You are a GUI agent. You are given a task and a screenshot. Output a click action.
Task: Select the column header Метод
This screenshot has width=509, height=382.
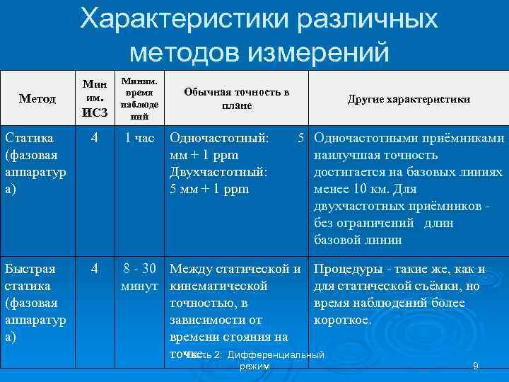tap(38, 99)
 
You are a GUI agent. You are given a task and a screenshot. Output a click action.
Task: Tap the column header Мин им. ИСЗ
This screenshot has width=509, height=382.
tap(95, 99)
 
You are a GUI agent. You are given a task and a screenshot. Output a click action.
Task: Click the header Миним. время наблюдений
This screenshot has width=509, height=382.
tap(141, 99)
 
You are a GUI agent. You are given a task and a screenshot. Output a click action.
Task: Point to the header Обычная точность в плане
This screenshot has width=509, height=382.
tap(236, 99)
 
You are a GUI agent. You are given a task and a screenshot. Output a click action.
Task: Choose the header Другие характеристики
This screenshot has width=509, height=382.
tap(409, 100)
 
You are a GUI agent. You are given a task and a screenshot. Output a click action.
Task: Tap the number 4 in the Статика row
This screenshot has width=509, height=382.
tap(95, 139)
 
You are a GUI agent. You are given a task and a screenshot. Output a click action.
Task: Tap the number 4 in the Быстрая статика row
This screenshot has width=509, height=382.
tap(95, 270)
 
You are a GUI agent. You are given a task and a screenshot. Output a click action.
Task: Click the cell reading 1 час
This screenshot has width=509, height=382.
tap(139, 139)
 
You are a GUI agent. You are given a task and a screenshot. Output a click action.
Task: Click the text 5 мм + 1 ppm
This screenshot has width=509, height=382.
tap(210, 190)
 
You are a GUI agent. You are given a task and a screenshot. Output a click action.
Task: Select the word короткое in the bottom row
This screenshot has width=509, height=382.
tap(343, 320)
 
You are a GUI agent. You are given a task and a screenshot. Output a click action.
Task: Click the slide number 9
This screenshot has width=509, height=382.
tap(476, 366)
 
